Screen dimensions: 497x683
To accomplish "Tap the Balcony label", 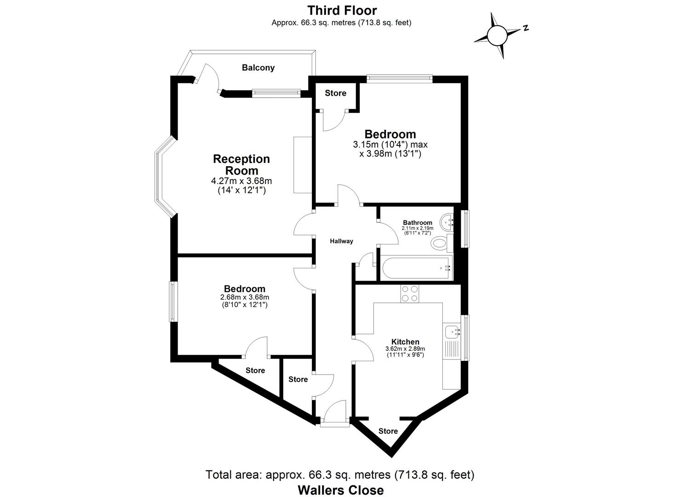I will (258, 68).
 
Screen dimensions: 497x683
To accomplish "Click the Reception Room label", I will (241, 165).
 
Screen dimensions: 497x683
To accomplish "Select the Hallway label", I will (341, 241).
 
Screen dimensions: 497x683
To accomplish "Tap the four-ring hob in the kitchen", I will (409, 294).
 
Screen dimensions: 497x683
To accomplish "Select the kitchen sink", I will (453, 331).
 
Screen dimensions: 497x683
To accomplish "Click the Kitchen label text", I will (405, 342).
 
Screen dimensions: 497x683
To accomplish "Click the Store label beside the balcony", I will (335, 93).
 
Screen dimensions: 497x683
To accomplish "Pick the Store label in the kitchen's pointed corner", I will (388, 431).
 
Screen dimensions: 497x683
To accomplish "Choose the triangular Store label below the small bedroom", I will (255, 370).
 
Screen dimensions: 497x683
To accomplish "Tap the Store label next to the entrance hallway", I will (298, 379).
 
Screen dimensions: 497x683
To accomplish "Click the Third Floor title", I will (342, 10).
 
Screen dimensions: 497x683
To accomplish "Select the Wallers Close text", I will (340, 490).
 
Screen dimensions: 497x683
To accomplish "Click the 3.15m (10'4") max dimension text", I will (390, 144).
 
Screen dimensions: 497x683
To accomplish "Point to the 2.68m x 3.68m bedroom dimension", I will (244, 297).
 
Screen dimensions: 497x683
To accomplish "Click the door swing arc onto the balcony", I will (212, 78).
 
